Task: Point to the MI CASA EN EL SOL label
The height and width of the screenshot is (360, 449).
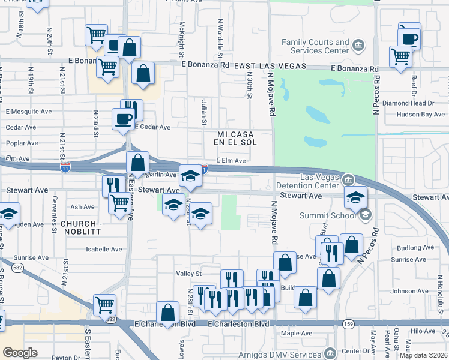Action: point(236,138)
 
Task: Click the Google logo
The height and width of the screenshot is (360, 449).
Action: point(19,353)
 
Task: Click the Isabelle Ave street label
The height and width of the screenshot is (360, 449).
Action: point(104,249)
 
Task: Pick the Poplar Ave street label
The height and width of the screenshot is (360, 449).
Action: point(22,143)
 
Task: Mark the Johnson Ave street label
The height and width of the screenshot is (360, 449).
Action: point(409,291)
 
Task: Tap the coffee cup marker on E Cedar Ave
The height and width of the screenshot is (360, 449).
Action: point(124,118)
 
